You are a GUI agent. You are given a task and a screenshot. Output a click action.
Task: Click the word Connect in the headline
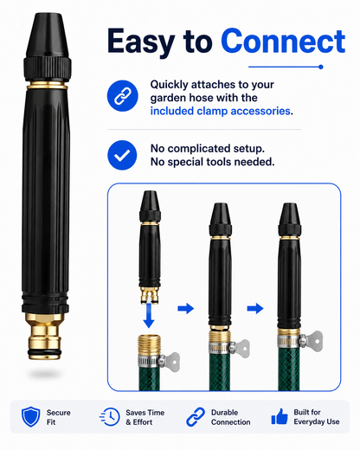283,41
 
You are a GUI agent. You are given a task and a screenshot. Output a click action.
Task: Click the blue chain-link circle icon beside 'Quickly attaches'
122,96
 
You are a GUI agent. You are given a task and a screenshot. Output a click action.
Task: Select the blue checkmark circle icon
122,155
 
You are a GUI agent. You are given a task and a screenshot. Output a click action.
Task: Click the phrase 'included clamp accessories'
220,111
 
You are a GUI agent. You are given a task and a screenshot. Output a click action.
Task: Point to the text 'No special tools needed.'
212,162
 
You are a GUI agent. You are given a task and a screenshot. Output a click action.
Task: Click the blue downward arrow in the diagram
149,315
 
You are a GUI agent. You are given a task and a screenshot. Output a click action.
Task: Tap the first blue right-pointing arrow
186,308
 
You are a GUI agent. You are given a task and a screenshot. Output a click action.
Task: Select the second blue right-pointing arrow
255,308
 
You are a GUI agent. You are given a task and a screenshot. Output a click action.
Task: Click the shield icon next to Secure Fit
30,417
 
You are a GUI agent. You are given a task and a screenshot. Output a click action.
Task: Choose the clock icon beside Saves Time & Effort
110,417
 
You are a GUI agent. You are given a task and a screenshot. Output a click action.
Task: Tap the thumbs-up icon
280,417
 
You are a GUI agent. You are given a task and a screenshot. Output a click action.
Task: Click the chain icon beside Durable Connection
196,417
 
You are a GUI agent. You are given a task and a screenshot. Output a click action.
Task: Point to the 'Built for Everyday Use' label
317,417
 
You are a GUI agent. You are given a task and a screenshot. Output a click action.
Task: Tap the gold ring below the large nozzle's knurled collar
48,86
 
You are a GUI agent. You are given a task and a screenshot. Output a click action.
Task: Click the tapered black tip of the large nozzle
48,35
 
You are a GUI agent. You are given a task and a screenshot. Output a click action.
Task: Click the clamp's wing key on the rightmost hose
314,341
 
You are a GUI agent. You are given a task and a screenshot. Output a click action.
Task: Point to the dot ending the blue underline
321,67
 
